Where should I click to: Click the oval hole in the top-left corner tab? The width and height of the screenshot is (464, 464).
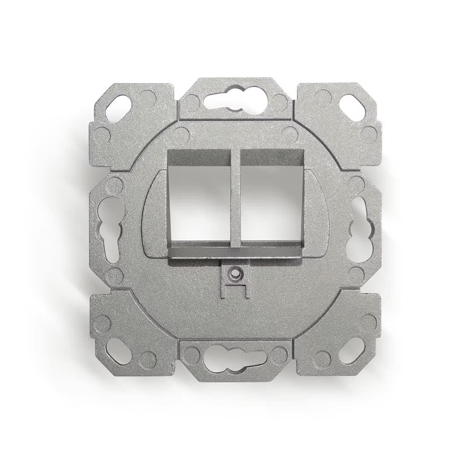pos(118,108)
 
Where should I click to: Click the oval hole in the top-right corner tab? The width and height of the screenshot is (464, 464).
pos(352,108)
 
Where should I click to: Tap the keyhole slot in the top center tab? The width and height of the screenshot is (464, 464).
pos(235,100)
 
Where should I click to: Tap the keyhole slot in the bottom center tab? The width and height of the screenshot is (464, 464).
pos(235,359)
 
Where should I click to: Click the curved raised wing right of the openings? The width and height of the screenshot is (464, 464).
pos(317,214)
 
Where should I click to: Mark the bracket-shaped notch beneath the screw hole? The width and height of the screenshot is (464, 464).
pos(236,291)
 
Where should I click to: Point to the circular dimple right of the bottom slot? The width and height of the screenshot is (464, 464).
pos(279,355)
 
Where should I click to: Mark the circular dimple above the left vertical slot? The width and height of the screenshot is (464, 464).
pos(115,186)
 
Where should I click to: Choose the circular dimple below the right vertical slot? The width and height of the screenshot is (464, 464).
pos(356,274)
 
